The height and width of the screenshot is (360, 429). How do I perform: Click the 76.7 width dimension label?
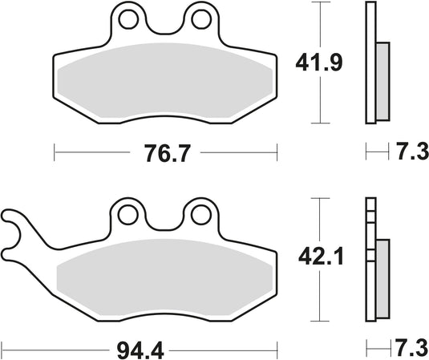(164, 152)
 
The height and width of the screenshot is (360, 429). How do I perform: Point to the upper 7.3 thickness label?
(407, 152)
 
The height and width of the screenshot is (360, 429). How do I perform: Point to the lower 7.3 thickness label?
(407, 349)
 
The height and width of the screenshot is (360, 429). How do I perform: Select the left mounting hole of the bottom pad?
(126, 214)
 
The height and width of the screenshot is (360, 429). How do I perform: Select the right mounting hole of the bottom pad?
(197, 214)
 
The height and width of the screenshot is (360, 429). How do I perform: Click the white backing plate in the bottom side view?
(370, 265)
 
